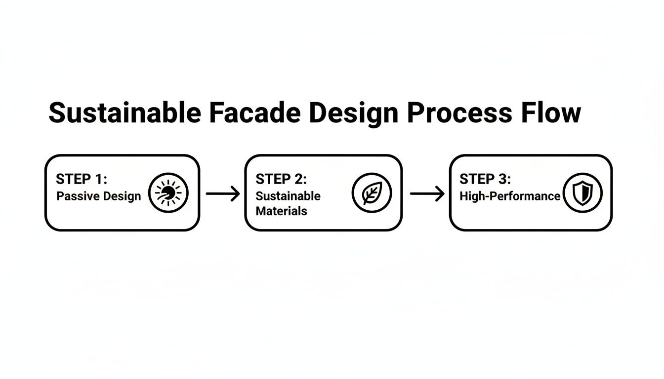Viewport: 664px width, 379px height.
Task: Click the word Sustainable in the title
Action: pos(124,113)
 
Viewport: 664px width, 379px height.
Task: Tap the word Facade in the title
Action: pos(254,113)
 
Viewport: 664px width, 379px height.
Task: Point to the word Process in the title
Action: pos(458,113)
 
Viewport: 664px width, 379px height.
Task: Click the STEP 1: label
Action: pos(82,179)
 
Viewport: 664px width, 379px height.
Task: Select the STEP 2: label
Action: pos(281,179)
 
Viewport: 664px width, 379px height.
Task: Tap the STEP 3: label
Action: pos(485,179)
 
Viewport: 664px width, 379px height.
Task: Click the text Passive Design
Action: pos(98,196)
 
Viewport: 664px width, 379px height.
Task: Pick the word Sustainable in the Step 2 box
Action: pos(288,196)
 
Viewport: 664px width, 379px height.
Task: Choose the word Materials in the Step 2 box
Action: pos(281,211)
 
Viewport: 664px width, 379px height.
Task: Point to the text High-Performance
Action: pos(510,196)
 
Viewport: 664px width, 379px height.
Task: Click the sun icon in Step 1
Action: pos(168,192)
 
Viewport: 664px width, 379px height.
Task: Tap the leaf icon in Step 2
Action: pos(372,193)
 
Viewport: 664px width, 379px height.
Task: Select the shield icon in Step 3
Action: pos(583,193)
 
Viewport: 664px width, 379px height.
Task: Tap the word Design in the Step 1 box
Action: pos(120,196)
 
